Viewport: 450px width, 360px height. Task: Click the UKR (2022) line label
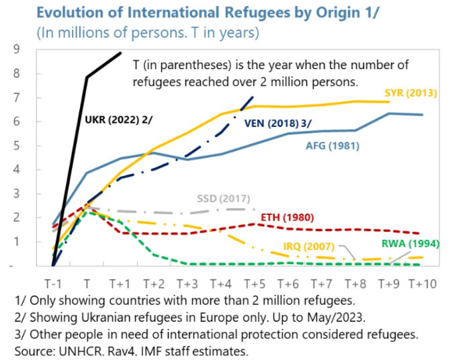pyautogui.click(x=118, y=120)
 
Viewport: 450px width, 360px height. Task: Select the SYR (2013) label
pyautogui.click(x=410, y=93)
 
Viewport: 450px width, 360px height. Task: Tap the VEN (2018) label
pyautogui.click(x=278, y=124)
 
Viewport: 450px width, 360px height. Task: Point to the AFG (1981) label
pyautogui.click(x=332, y=146)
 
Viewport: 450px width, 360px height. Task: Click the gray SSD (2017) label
pyautogui.click(x=224, y=199)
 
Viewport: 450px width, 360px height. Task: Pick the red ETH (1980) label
pyautogui.click(x=287, y=218)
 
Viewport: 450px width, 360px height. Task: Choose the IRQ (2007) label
pyautogui.click(x=309, y=246)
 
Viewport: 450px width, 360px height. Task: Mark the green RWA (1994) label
pyautogui.click(x=410, y=243)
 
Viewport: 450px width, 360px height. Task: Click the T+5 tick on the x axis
pyautogui.click(x=255, y=284)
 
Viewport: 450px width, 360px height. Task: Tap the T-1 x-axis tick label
pyautogui.click(x=53, y=284)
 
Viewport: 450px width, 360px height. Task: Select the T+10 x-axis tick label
pyautogui.click(x=422, y=284)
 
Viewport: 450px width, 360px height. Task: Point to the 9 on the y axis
pyautogui.click(x=17, y=49)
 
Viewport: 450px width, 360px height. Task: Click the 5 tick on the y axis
pyautogui.click(x=17, y=146)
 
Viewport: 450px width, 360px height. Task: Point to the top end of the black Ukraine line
pyautogui.click(x=120, y=53)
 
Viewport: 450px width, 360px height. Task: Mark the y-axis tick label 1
pyautogui.click(x=17, y=241)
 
